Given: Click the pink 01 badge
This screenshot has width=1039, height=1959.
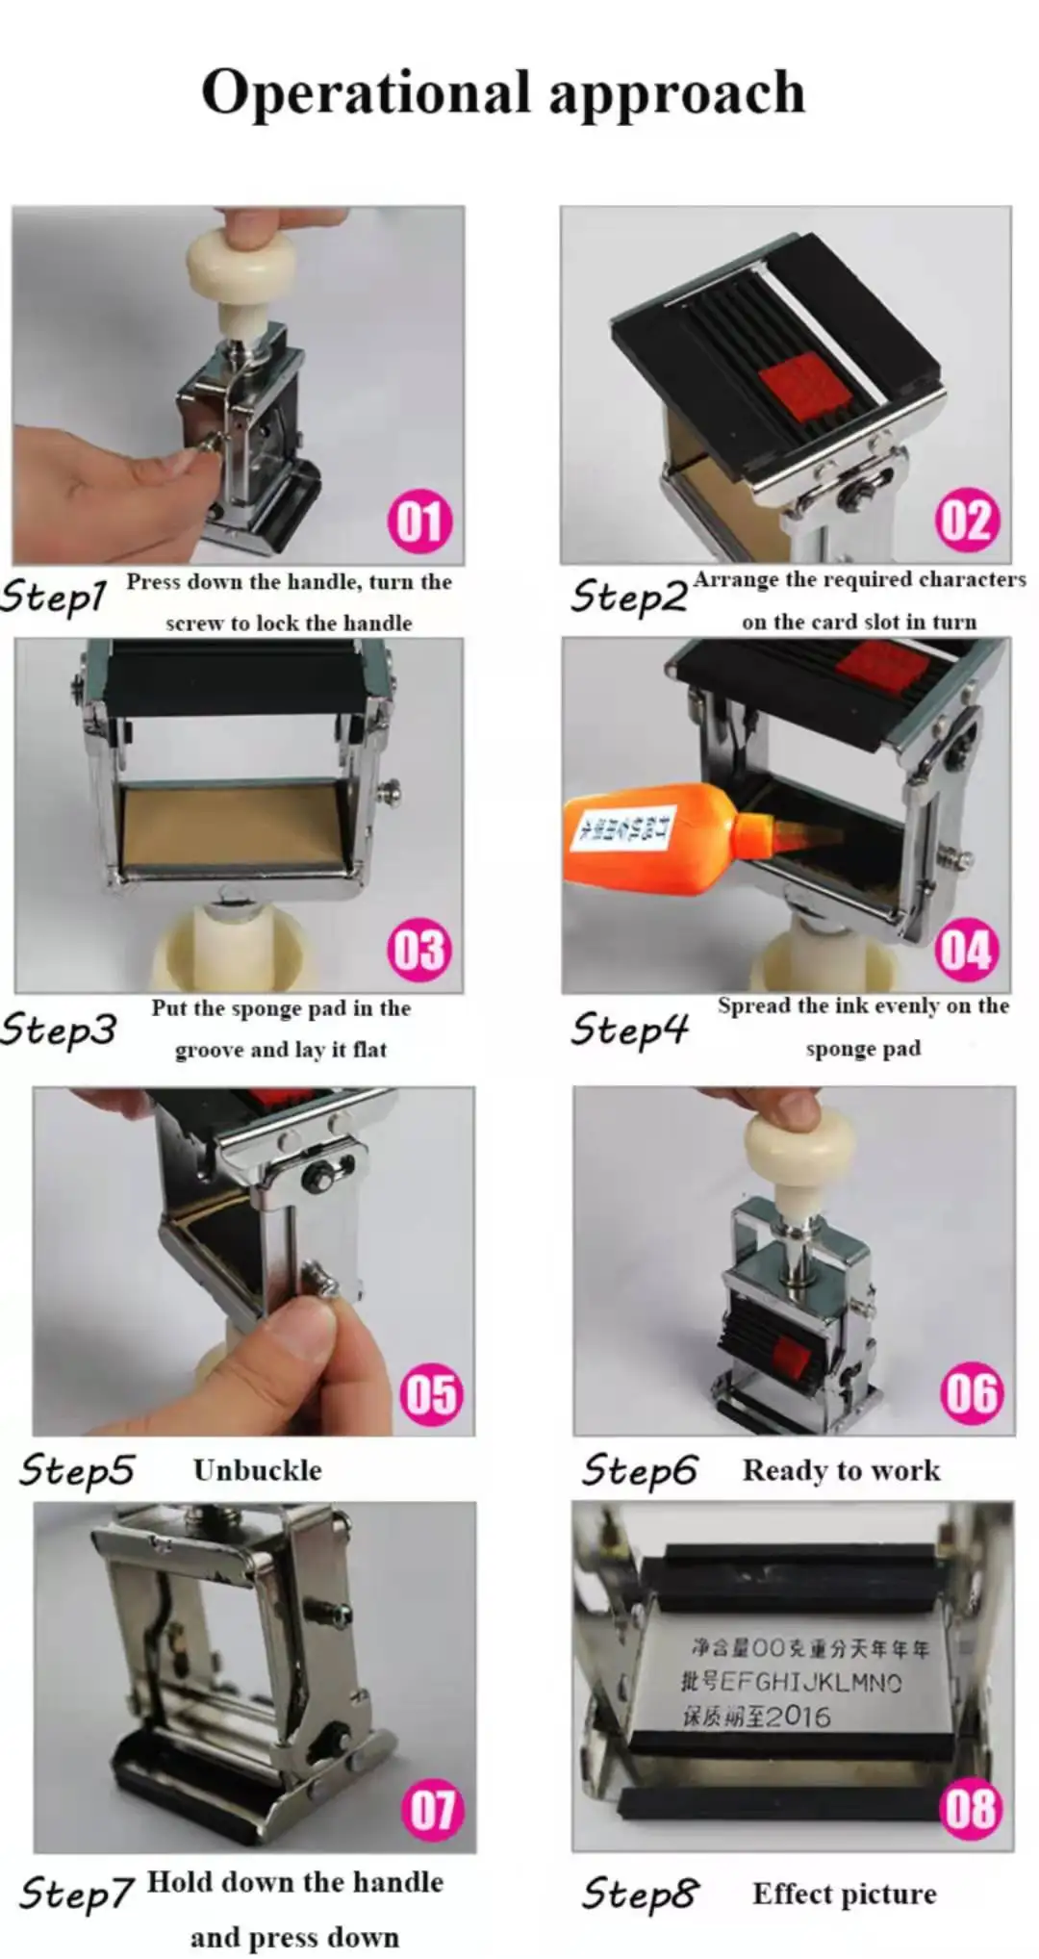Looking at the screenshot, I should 419,522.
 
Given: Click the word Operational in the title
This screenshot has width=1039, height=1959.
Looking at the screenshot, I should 365,93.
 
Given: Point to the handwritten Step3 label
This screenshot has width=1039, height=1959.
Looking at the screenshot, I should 58,1029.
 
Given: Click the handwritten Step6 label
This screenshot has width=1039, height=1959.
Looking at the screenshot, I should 639,1469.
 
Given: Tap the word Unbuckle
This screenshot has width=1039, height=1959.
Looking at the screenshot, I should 257,1470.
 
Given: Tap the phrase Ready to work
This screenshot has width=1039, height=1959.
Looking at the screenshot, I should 841,1470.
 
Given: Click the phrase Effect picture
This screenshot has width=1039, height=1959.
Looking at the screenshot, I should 844,1894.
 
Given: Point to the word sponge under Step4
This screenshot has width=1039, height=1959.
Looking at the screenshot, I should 835,1049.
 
